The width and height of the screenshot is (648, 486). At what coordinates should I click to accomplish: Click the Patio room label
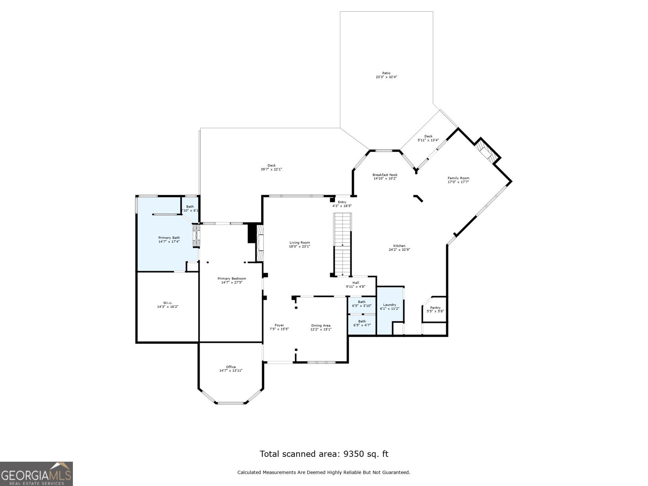click(386, 73)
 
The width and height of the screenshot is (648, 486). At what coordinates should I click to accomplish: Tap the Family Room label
click(458, 178)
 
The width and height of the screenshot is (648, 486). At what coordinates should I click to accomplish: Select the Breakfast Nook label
click(385, 175)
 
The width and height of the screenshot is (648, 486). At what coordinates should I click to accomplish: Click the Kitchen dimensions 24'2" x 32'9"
click(399, 250)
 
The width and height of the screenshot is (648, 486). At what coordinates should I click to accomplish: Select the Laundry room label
click(390, 305)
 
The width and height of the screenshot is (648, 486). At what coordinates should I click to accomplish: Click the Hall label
click(355, 283)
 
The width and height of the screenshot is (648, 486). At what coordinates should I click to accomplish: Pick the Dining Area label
click(321, 325)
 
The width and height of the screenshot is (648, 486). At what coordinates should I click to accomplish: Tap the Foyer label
click(279, 325)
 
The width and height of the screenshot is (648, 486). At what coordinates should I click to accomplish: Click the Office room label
click(231, 367)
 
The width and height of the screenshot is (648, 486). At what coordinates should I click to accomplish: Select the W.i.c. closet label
click(168, 303)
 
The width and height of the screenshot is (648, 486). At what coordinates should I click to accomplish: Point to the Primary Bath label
click(169, 238)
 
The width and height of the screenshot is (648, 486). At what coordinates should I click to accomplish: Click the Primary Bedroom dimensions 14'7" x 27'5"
click(232, 283)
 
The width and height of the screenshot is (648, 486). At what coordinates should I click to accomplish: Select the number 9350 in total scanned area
click(354, 454)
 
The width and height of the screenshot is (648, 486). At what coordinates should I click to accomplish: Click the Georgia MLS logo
click(36, 473)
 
